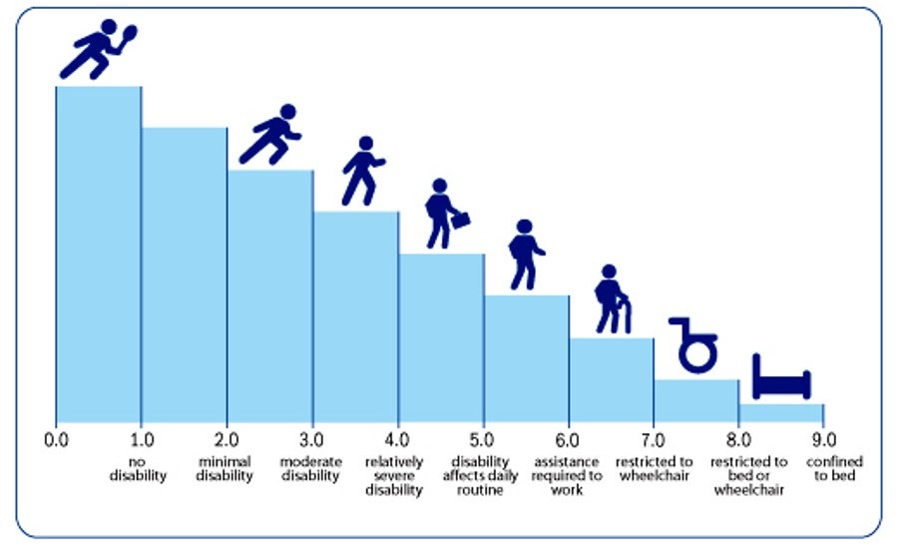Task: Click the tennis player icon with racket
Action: tap(98, 48)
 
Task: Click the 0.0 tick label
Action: tap(56, 438)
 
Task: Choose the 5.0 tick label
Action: tap(483, 438)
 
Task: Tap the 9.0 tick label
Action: tap(824, 438)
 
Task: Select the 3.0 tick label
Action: tap(311, 438)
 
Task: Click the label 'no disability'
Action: tap(140, 468)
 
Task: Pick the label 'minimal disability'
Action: tap(225, 468)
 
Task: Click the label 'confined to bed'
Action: tap(834, 468)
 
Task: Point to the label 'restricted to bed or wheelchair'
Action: tap(748, 475)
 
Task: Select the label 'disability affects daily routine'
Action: tap(483, 475)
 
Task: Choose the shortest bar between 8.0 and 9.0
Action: tap(781, 413)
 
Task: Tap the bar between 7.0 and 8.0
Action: tap(696, 401)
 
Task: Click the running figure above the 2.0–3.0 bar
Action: tap(271, 135)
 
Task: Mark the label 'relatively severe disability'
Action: tap(395, 475)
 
